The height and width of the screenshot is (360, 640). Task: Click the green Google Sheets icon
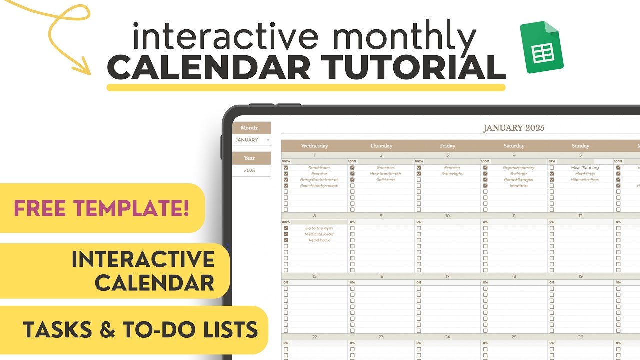542,47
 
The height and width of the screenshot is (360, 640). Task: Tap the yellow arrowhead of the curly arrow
82,67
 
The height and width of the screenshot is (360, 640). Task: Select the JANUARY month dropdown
252,140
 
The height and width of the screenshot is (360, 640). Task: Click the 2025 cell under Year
249,170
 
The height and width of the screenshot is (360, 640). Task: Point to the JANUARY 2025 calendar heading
513,128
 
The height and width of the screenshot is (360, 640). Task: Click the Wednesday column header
314,146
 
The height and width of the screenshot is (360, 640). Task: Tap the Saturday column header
514,146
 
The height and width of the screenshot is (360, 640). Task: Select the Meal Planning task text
585,168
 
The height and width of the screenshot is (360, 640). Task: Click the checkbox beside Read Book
286,168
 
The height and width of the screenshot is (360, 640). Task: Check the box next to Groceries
352,168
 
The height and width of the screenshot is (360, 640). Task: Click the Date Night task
452,174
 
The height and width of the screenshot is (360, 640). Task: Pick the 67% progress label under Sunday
552,161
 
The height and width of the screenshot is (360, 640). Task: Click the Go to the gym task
319,228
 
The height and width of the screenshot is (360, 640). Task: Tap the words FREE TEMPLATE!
101,208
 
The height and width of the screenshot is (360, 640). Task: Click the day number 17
447,276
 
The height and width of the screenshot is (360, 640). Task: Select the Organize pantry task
518,168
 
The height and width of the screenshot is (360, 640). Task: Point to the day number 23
381,337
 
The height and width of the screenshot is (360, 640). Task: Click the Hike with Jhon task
585,180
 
